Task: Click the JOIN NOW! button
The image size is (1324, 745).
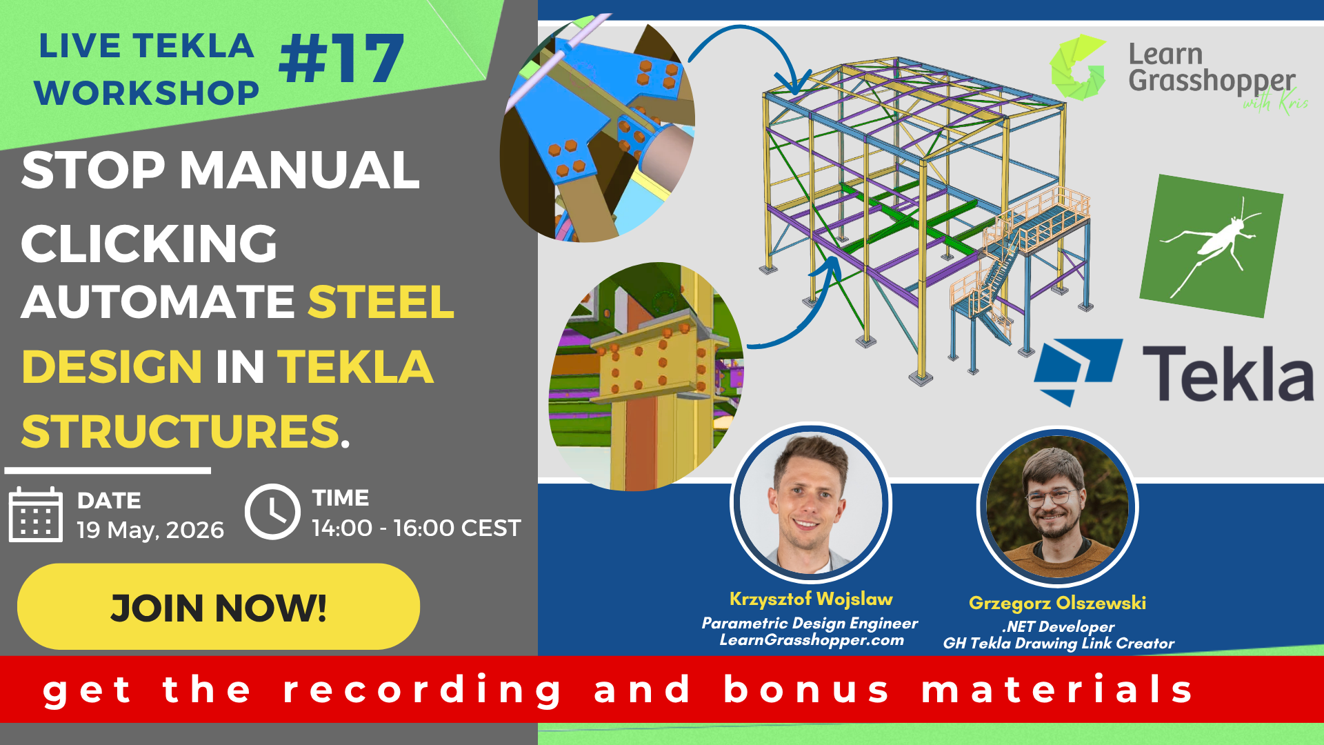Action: (218, 606)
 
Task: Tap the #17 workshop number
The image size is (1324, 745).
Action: (341, 59)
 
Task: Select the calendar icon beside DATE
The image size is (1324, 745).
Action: (35, 515)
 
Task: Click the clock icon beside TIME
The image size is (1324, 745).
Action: (272, 512)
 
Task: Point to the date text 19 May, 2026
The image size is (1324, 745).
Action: (150, 530)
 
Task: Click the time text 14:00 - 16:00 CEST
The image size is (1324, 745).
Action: (416, 528)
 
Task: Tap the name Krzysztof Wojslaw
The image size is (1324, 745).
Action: (811, 599)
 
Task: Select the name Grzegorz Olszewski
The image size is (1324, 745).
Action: (1057, 603)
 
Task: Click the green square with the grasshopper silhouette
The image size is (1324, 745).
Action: (1211, 246)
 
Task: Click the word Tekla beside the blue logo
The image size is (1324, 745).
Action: (1227, 374)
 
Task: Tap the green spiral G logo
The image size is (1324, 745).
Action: (1078, 68)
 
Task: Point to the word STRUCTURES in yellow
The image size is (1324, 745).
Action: (181, 431)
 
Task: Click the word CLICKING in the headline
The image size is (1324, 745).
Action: (149, 244)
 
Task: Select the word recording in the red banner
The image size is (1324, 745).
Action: (423, 690)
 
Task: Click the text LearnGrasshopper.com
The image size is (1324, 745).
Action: (811, 640)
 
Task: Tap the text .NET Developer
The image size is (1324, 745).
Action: (1058, 626)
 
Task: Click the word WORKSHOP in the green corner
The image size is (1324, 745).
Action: (147, 93)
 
